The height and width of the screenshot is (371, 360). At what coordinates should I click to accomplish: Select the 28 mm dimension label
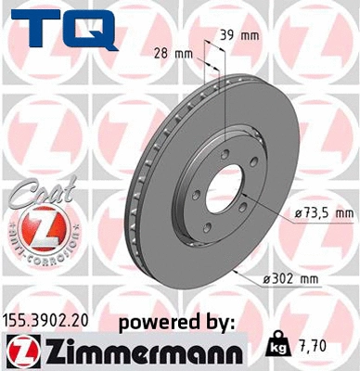point(176,54)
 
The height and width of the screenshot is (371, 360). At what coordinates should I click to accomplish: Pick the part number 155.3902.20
point(51,320)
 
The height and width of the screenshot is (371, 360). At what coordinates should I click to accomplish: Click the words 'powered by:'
point(177,321)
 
